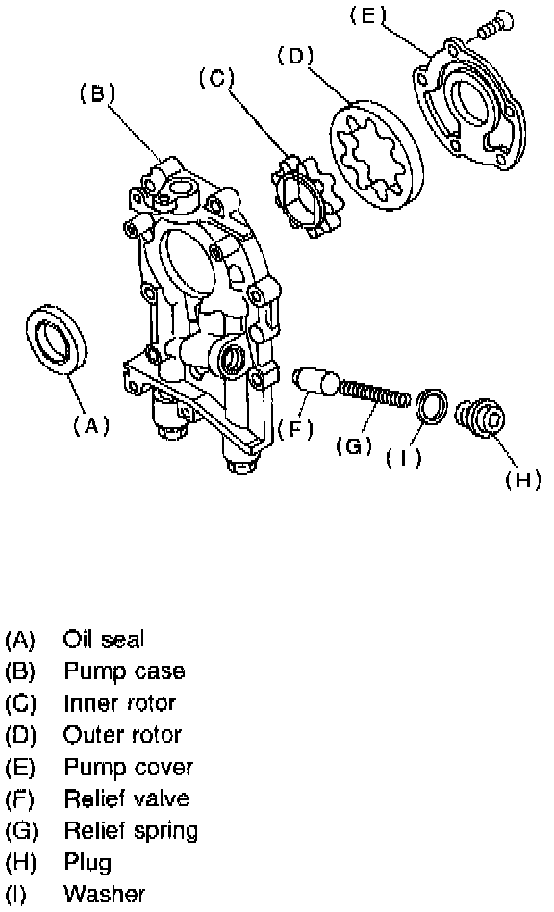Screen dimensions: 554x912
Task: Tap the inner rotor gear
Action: click(307, 195)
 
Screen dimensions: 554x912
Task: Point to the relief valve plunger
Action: click(315, 381)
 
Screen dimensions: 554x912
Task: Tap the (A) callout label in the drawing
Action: click(91, 426)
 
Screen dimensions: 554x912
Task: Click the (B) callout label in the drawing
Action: click(97, 93)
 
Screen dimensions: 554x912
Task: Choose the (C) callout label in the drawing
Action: click(216, 77)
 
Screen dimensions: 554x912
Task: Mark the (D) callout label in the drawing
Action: click(295, 57)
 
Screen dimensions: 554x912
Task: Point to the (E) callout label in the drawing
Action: click(367, 14)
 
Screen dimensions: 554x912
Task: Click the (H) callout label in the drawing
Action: click(523, 479)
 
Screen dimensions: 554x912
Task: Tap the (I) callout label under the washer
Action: click(403, 459)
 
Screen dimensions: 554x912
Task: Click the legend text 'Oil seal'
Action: click(104, 639)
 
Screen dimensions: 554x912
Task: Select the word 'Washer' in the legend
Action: click(105, 894)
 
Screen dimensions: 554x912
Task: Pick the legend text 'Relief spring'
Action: click(131, 831)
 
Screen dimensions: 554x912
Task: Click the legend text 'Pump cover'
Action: click(128, 768)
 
